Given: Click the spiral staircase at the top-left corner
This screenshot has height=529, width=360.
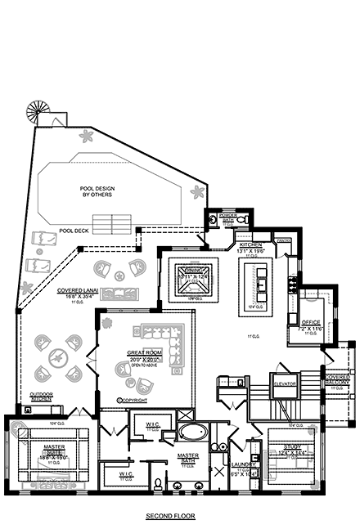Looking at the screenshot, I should [x=38, y=110].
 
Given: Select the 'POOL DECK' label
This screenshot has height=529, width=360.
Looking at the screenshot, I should [x=74, y=231].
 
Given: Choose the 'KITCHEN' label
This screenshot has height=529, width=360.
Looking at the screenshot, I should [x=250, y=244].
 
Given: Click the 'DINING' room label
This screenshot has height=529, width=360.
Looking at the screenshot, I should [x=191, y=276].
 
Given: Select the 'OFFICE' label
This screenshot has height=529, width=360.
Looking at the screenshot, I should [x=310, y=324].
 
